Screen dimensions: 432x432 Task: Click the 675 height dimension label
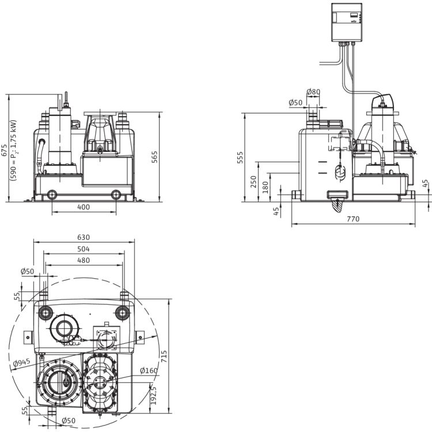[4, 150]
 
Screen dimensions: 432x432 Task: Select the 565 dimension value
[154, 157]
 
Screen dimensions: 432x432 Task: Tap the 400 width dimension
[84, 207]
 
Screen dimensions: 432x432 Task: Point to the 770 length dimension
[353, 219]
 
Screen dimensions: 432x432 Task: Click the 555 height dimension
[240, 157]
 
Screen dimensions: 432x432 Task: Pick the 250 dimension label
[253, 182]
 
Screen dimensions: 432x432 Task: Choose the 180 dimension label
[265, 187]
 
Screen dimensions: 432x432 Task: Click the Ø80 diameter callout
[313, 92]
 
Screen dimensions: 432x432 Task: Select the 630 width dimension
[84, 237]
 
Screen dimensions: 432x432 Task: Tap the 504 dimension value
[84, 249]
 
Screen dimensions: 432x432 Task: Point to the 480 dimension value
[84, 260]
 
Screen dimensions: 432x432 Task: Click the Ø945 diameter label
[22, 363]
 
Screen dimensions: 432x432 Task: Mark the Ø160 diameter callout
[149, 370]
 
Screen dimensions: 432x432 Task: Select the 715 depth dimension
[164, 357]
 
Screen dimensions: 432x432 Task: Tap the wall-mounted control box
[347, 22]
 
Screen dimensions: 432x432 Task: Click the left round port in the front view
[52, 195]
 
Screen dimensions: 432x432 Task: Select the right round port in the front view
[116, 195]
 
